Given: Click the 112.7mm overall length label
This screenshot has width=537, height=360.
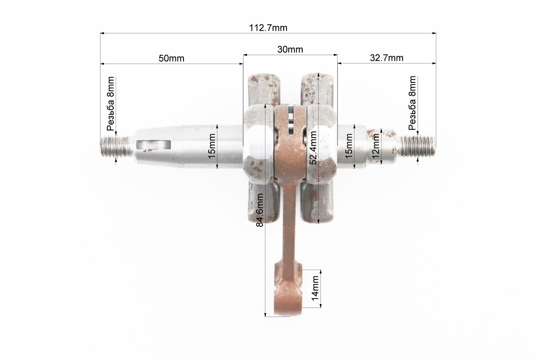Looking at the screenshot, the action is (x=268, y=28).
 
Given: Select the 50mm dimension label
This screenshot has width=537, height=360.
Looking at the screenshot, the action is (x=171, y=58).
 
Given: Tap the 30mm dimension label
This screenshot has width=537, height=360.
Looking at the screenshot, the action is (x=290, y=49).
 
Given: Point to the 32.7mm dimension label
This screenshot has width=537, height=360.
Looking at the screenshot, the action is (x=386, y=58).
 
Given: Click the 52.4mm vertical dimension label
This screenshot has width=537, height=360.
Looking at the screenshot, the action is (x=313, y=148).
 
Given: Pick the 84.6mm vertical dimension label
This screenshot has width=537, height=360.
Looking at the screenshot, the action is (x=260, y=210).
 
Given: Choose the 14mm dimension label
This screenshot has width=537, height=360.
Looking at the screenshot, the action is (x=315, y=288).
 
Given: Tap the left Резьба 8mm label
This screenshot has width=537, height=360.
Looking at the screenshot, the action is (x=110, y=103).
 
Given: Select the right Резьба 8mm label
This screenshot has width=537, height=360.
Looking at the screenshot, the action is (x=412, y=103).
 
